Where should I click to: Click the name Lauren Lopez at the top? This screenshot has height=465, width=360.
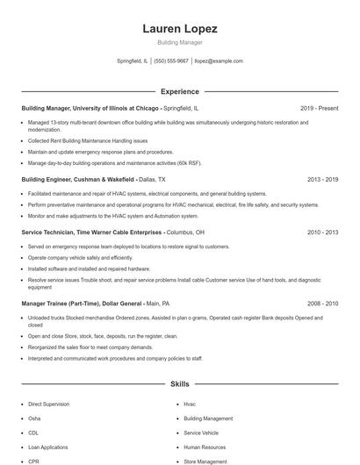click(x=179, y=29)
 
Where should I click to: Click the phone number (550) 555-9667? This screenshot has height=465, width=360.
click(x=171, y=61)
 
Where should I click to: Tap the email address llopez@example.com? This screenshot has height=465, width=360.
click(x=219, y=61)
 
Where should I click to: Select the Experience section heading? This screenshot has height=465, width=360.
click(x=179, y=91)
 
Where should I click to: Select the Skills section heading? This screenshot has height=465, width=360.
click(x=179, y=384)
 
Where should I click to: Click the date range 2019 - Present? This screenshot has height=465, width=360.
click(x=319, y=108)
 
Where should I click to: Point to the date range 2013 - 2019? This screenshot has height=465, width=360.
click(x=322, y=179)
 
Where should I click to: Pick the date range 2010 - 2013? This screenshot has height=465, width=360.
click(x=322, y=232)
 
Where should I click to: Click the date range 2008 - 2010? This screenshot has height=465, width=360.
click(x=322, y=302)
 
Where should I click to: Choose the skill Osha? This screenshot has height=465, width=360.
click(x=34, y=418)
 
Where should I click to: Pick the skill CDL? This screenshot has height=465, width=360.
click(x=33, y=433)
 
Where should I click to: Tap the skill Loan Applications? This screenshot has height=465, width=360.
click(x=47, y=447)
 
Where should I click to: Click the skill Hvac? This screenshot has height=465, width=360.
click(x=190, y=404)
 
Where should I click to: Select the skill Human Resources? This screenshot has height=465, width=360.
click(x=204, y=447)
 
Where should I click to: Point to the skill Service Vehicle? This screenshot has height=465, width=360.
click(x=201, y=433)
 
